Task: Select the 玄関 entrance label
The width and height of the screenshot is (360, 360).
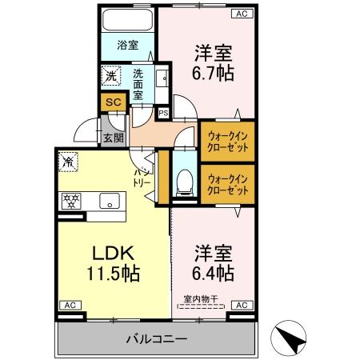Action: coord(113,137)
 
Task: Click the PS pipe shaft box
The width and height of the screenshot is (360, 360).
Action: coord(163,113)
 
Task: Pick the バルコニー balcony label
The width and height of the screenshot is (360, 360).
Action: coord(156,339)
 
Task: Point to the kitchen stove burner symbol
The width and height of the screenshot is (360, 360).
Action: coord(69,200)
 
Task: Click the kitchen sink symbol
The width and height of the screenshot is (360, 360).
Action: coord(109,200)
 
